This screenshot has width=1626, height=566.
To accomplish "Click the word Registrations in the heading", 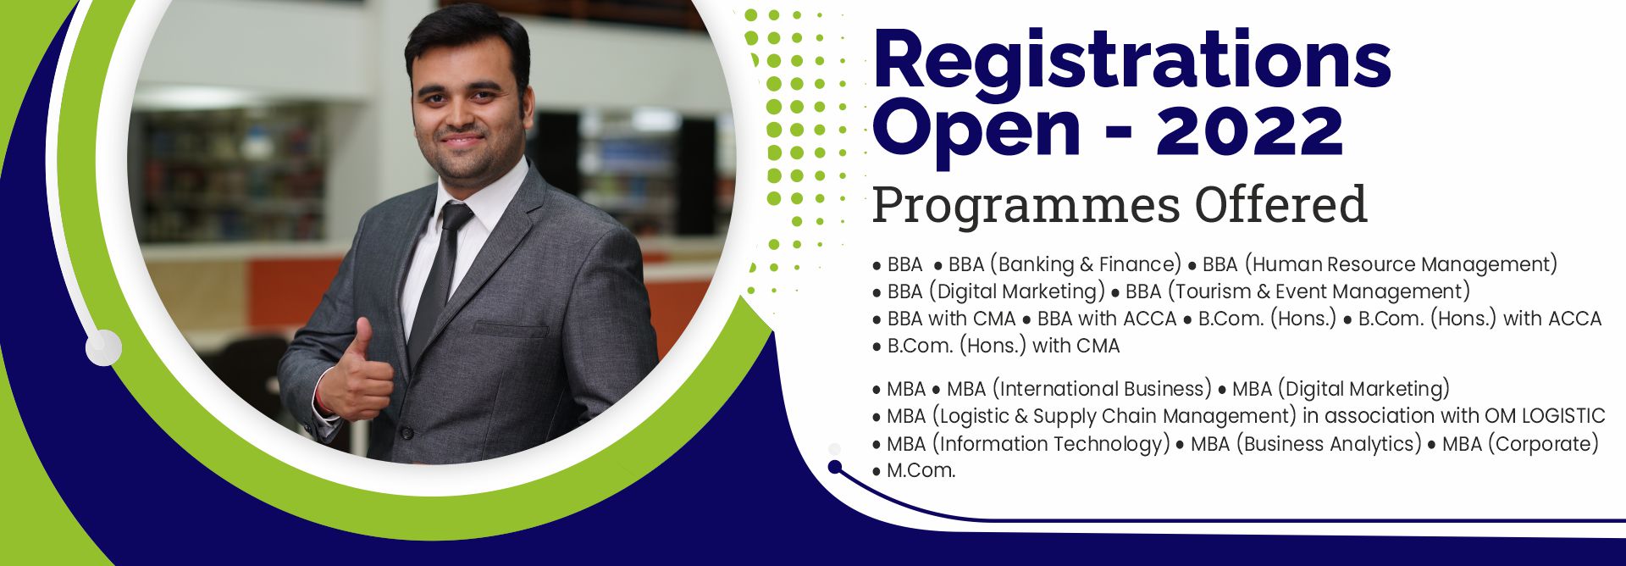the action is pyautogui.click(x=1131, y=58).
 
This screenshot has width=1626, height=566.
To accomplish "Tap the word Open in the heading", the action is pyautogui.click(x=976, y=132).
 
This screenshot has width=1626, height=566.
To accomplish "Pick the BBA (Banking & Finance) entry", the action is pyautogui.click(x=1065, y=264).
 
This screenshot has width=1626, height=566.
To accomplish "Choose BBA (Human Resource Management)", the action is pyautogui.click(x=1380, y=264).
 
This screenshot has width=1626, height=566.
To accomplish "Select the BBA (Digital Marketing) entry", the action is pyautogui.click(x=996, y=291).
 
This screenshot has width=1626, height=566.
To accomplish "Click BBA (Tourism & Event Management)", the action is pyautogui.click(x=1297, y=291).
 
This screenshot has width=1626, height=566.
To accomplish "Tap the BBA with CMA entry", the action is pyautogui.click(x=951, y=319).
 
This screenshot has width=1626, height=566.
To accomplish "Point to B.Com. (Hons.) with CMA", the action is pyautogui.click(x=1004, y=346).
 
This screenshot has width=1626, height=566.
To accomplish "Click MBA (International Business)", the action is pyautogui.click(x=1079, y=389).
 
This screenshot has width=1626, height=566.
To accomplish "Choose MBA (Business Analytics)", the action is pyautogui.click(x=1306, y=443).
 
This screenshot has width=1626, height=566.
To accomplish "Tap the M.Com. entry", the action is pyautogui.click(x=921, y=470).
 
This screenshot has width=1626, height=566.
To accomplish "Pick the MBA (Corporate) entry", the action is pyautogui.click(x=1520, y=443).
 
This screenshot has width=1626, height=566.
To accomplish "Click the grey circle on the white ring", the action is pyautogui.click(x=103, y=347).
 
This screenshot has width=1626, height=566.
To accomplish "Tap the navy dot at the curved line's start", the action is pyautogui.click(x=835, y=467).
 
